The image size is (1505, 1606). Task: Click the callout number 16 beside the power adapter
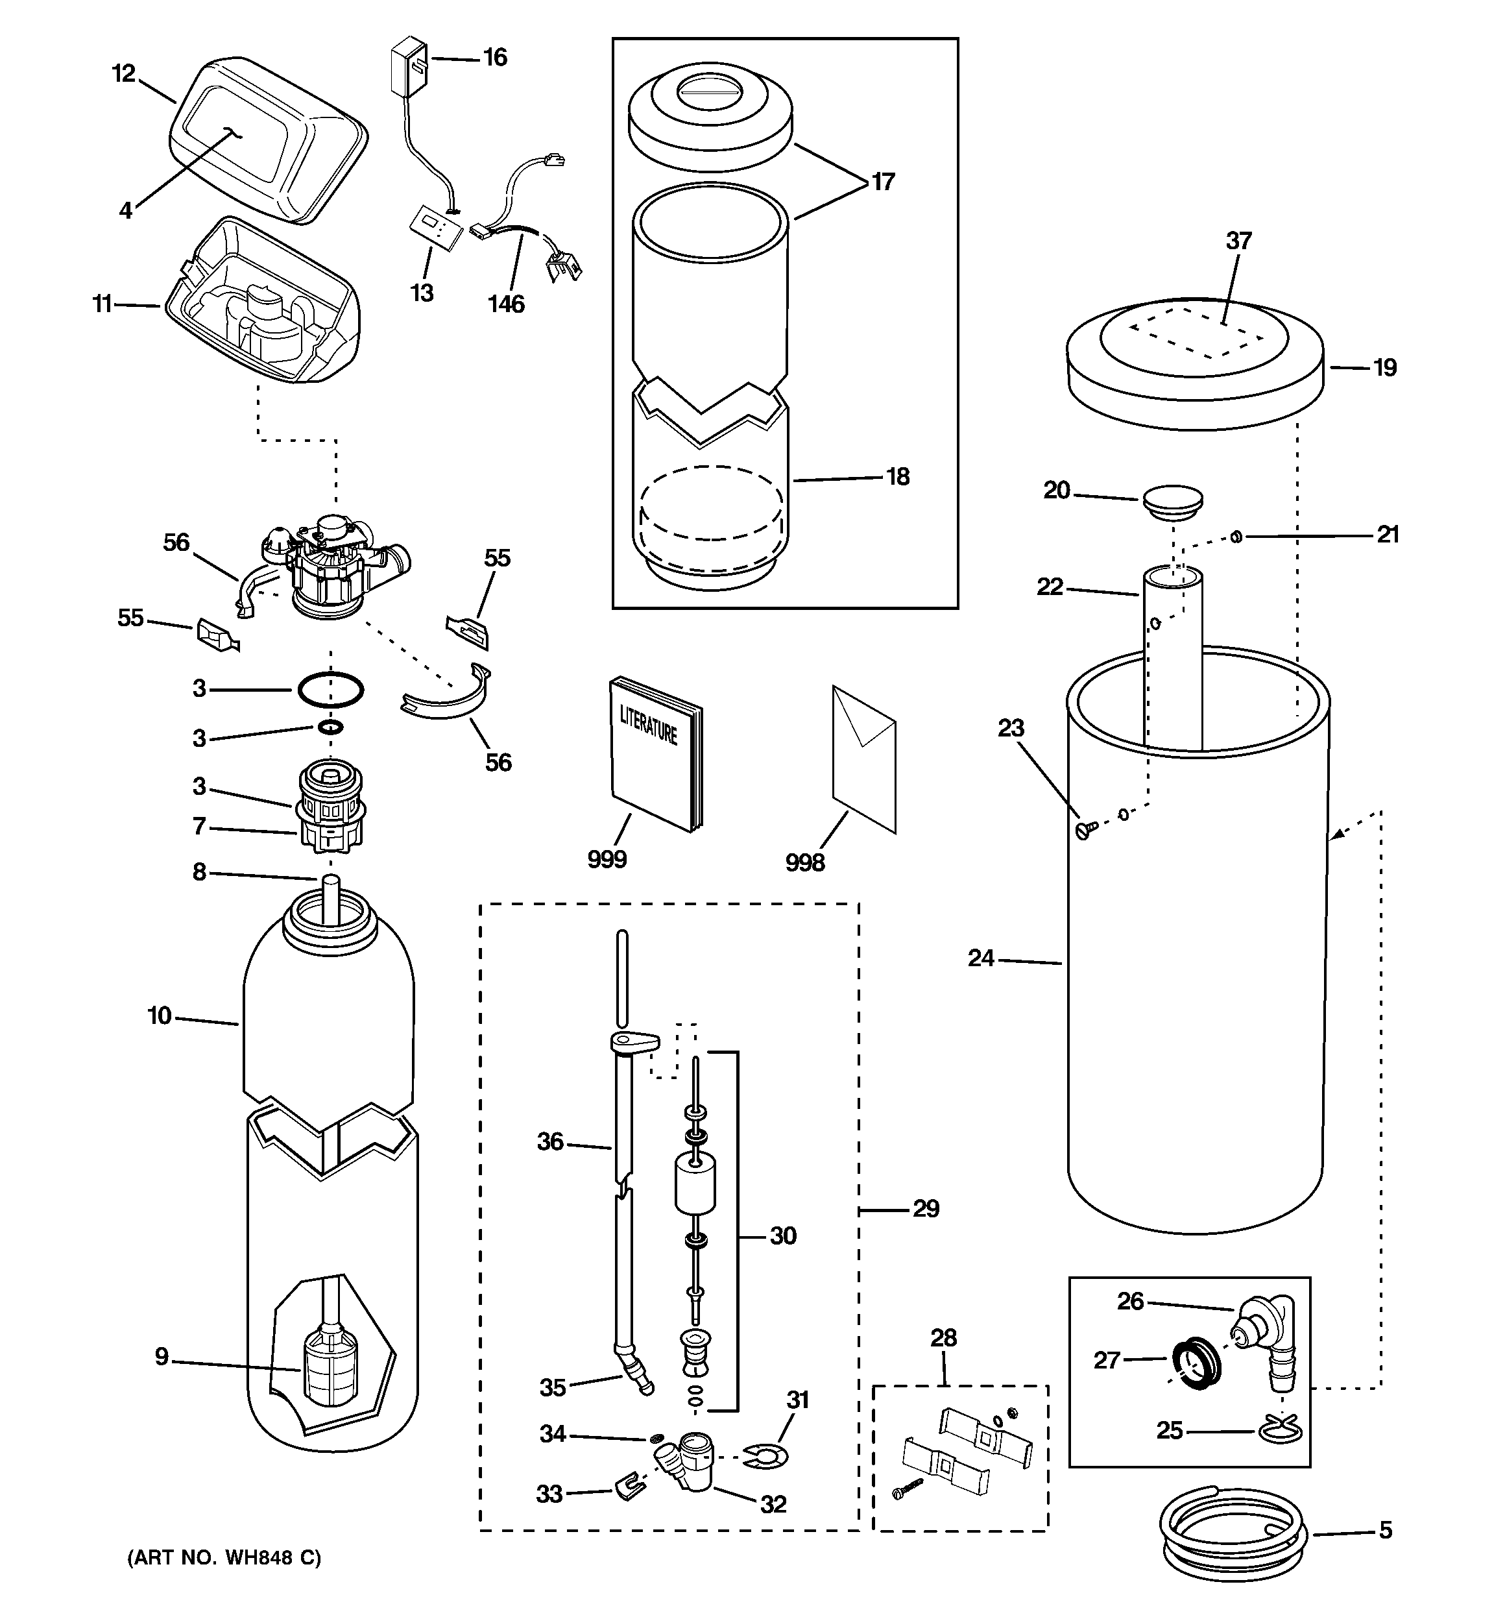494,57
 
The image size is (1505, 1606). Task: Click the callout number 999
607,858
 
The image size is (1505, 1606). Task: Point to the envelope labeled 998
863,759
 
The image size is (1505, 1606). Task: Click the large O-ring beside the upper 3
330,690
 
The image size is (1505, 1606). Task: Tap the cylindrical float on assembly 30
695,1182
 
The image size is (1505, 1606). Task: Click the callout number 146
506,304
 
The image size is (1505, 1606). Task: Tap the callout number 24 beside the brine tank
981,958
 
